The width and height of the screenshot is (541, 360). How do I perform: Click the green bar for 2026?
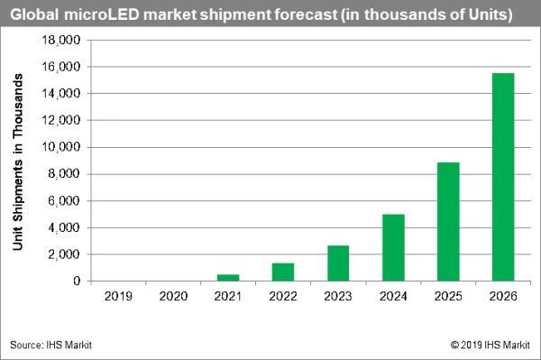tap(503, 177)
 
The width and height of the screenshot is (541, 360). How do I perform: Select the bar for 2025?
tap(448, 222)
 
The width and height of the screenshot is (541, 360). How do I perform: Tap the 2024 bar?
tap(393, 247)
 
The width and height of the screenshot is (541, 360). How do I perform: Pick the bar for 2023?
tap(338, 263)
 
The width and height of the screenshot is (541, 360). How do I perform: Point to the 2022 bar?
tap(283, 272)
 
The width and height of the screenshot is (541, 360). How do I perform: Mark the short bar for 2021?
tap(228, 277)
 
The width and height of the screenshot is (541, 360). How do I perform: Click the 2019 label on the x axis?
tap(118, 295)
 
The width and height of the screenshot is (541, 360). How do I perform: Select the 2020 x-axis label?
tap(173, 295)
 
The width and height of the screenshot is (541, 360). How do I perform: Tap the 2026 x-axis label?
tap(503, 295)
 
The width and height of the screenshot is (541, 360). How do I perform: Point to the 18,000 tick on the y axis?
tap(61, 41)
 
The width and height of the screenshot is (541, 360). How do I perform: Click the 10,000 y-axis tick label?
tap(61, 147)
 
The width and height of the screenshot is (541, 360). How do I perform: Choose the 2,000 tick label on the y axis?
tap(64, 254)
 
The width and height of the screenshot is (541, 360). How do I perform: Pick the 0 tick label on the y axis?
tap(77, 282)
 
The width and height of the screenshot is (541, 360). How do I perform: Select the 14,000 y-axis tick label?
tap(61, 94)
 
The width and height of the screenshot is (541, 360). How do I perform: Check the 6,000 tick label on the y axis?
tap(64, 201)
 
